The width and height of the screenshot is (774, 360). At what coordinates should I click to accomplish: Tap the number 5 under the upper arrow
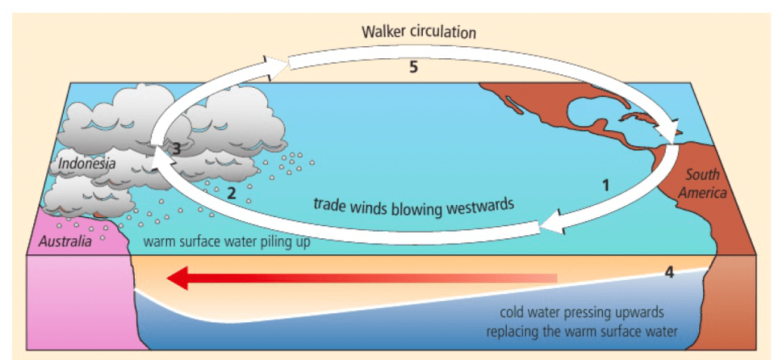(x=413, y=67)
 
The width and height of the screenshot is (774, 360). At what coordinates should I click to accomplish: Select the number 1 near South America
(x=605, y=184)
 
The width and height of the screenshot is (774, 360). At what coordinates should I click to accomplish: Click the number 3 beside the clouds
(x=176, y=149)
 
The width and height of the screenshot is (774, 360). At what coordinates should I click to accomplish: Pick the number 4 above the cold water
(x=669, y=272)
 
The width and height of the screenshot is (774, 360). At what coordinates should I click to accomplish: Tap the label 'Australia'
(x=64, y=242)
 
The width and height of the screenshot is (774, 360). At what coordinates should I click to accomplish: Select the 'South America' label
(x=702, y=184)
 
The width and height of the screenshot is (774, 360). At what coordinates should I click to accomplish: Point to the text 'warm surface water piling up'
(x=226, y=244)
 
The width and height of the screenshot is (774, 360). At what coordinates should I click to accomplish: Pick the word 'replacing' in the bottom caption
(x=513, y=331)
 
